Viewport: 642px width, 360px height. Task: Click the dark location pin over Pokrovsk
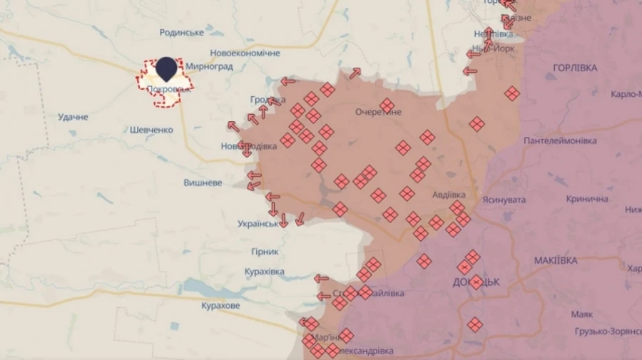click(166, 68)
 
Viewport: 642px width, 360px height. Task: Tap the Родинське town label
click(182, 33)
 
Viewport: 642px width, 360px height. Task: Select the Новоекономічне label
click(245, 53)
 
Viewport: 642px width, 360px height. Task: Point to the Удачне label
click(73, 117)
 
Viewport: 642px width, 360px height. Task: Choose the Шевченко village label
click(152, 130)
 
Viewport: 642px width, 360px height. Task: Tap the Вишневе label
click(203, 182)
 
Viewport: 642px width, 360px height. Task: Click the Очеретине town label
click(378, 112)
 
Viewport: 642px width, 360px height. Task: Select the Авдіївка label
click(449, 195)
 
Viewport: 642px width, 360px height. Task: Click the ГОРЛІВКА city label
click(575, 68)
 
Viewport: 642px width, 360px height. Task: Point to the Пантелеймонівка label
click(560, 141)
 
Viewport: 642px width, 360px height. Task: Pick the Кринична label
click(588, 200)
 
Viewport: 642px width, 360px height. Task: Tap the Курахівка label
click(264, 272)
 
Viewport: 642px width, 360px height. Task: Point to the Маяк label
click(582, 314)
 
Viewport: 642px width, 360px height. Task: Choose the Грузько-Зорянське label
click(608, 331)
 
